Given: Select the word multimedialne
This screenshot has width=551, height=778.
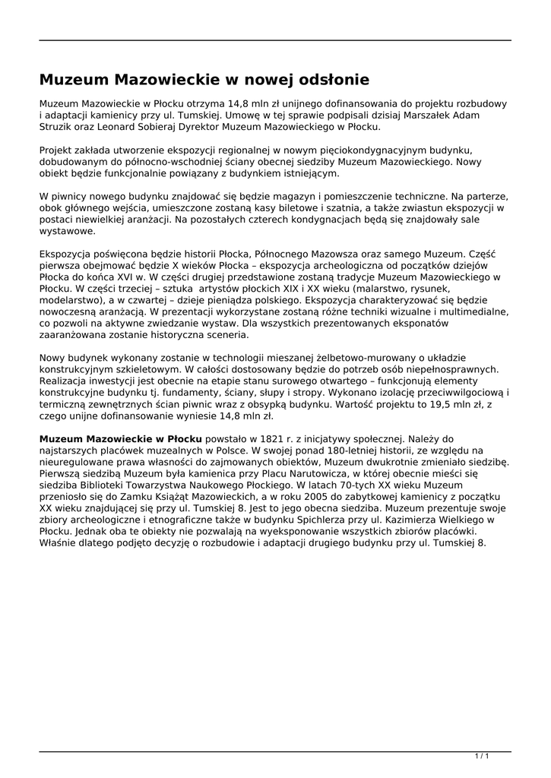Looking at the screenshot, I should pyautogui.click(x=472, y=312).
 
